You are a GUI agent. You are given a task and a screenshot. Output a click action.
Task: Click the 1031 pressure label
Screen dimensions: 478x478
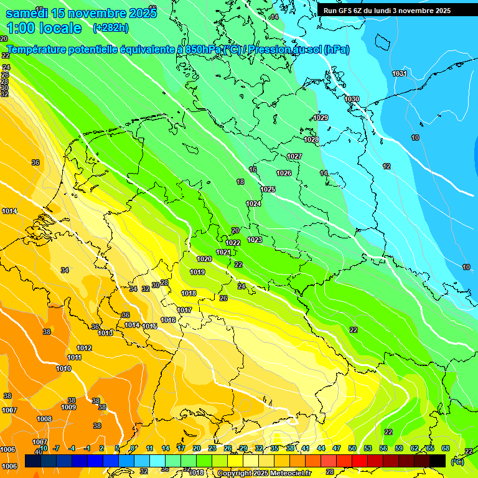pos(400,73)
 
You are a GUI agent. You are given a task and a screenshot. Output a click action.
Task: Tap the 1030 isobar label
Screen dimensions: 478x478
pos(352,99)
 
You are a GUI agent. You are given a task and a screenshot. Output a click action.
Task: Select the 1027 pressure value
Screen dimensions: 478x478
pos(294,156)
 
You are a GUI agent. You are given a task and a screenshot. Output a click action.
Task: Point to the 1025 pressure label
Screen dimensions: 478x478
pos(268,189)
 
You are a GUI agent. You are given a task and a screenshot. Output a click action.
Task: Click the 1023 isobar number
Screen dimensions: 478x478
pos(255,240)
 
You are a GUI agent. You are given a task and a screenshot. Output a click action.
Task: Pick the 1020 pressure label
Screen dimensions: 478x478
pos(204,259)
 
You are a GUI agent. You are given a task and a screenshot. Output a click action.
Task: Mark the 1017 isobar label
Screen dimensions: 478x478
pos(184,310)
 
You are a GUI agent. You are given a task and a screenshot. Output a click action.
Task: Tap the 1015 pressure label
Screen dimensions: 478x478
pos(149,326)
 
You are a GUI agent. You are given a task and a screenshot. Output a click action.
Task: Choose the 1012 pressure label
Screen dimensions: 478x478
pos(84,348)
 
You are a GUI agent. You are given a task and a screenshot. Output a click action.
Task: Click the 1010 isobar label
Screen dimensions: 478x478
pos(63,368)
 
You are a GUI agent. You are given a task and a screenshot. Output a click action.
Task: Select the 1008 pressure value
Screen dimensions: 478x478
pos(44,419)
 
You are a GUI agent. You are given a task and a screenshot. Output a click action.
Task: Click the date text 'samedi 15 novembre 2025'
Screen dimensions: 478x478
pos(81,13)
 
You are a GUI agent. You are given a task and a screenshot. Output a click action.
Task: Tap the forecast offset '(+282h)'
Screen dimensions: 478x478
pos(111,28)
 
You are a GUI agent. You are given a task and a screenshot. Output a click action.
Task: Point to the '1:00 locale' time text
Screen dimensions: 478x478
pos(44,28)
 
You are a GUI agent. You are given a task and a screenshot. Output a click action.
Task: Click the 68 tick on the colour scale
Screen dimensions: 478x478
pos(446,448)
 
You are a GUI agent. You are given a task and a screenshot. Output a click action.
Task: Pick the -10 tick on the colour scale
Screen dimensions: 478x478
pos(44,448)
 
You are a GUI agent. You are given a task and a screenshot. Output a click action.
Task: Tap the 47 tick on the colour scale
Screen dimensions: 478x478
pos(337,448)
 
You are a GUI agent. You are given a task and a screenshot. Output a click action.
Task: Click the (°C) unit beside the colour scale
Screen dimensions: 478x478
pos(457,462)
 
